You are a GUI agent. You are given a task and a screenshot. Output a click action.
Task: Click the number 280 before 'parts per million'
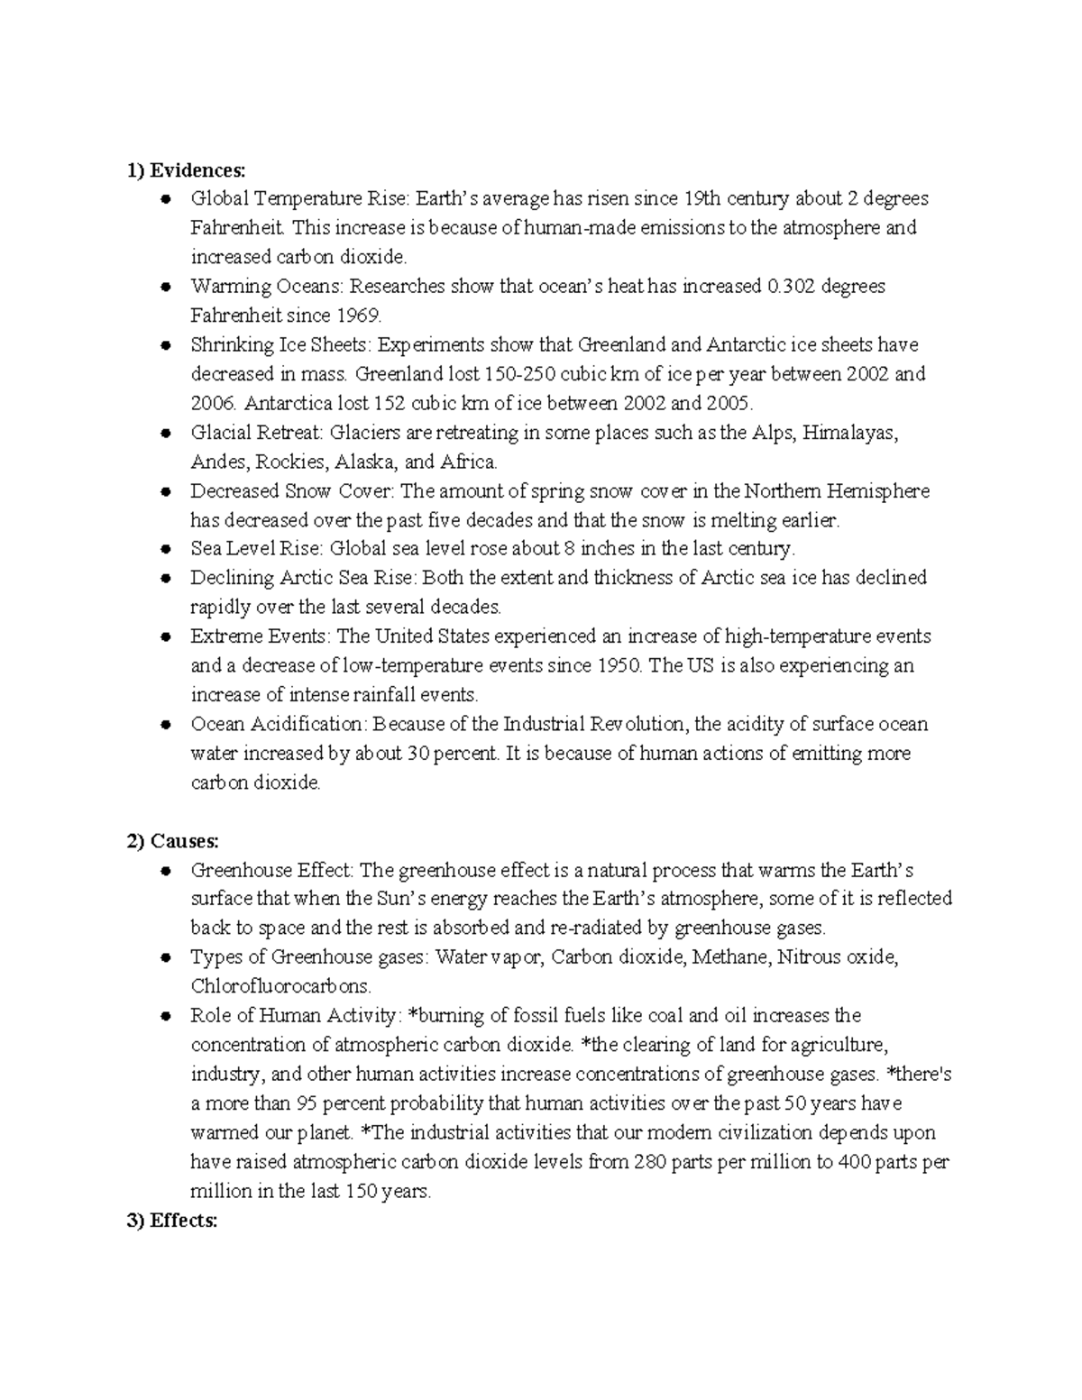(x=650, y=1162)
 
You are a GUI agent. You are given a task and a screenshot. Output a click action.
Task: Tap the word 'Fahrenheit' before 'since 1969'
(x=235, y=316)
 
